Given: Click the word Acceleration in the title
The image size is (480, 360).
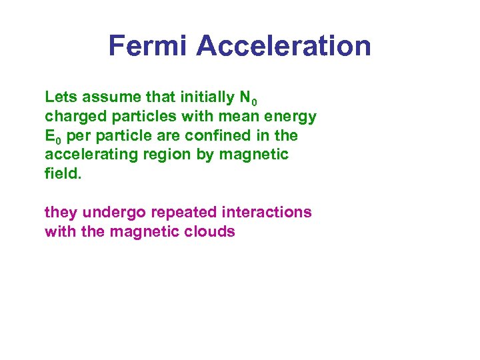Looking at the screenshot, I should (283, 46).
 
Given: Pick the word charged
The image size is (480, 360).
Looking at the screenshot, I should (71, 117).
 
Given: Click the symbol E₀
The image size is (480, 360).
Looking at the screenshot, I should (53, 136).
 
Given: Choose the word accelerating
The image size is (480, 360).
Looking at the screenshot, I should (89, 155).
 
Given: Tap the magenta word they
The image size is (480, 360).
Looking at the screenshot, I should (59, 213).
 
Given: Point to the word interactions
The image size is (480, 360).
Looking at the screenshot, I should (267, 212).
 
